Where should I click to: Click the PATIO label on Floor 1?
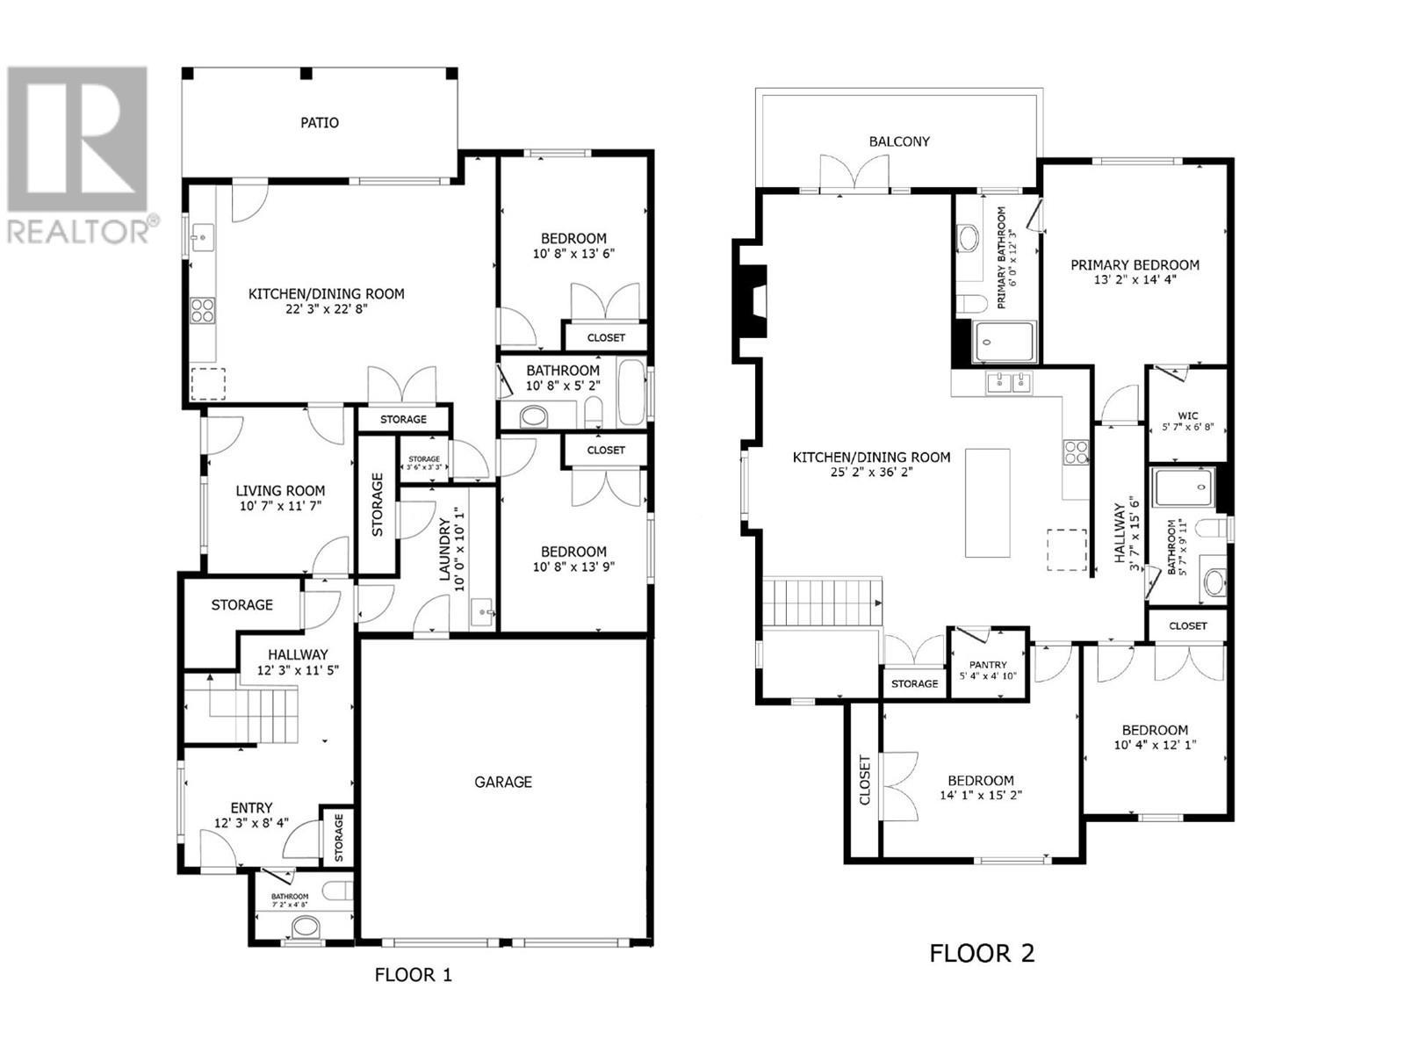[320, 123]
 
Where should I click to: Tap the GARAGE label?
[503, 782]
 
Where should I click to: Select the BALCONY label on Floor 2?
[899, 141]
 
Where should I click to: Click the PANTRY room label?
[988, 665]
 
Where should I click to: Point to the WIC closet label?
[1187, 416]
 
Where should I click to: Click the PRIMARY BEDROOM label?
[1135, 265]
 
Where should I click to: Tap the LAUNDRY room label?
[444, 550]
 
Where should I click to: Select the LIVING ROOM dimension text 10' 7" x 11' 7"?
[280, 507]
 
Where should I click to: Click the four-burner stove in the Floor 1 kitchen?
[203, 311]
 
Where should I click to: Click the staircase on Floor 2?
[821, 602]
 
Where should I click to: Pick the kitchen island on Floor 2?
[988, 502]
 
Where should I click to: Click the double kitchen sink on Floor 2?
[1009, 382]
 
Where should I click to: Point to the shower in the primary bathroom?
[1005, 343]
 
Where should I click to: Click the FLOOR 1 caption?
[413, 975]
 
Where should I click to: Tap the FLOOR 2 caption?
[982, 953]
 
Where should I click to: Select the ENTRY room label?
[251, 808]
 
